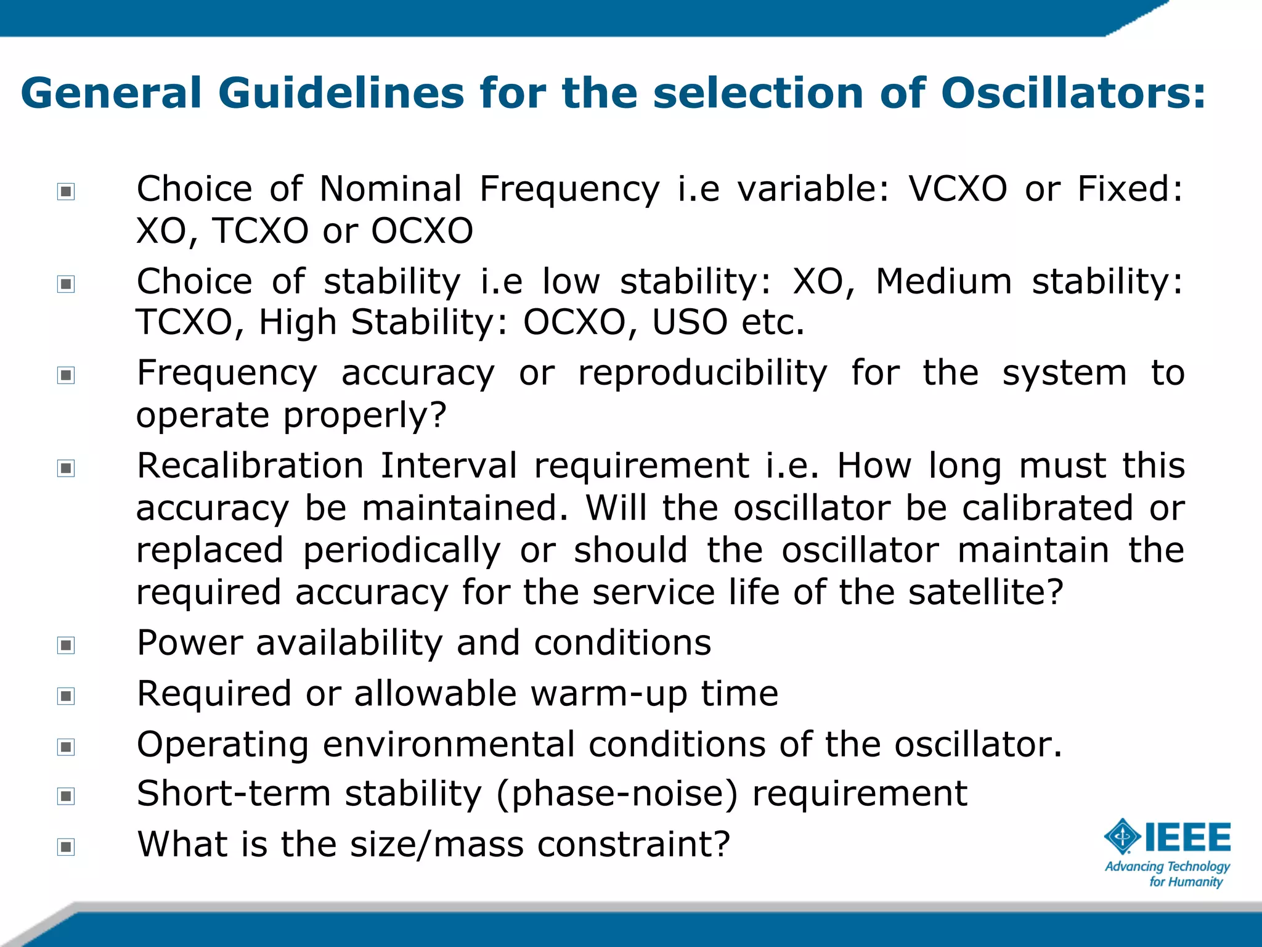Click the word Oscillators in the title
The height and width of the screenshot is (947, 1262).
pyautogui.click(x=1072, y=94)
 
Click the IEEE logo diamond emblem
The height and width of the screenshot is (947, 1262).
pyautogui.click(x=1122, y=837)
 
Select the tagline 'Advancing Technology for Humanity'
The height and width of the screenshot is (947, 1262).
pyautogui.click(x=1167, y=874)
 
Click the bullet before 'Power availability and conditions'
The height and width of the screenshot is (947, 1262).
pyautogui.click(x=66, y=645)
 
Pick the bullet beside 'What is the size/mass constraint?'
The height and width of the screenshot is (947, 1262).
pyautogui.click(x=66, y=847)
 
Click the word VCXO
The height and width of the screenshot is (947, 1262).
pyautogui.click(x=958, y=189)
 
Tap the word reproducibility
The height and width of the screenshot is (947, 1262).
pyautogui.click(x=702, y=374)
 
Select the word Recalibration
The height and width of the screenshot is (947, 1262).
pyautogui.click(x=250, y=465)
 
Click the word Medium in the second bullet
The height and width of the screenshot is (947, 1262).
pyautogui.click(x=943, y=282)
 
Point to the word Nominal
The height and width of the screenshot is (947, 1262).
pyautogui.click(x=391, y=189)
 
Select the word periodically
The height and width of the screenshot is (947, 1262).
pyautogui.click(x=402, y=551)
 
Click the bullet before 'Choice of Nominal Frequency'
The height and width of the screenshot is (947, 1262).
pyautogui.click(x=66, y=191)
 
